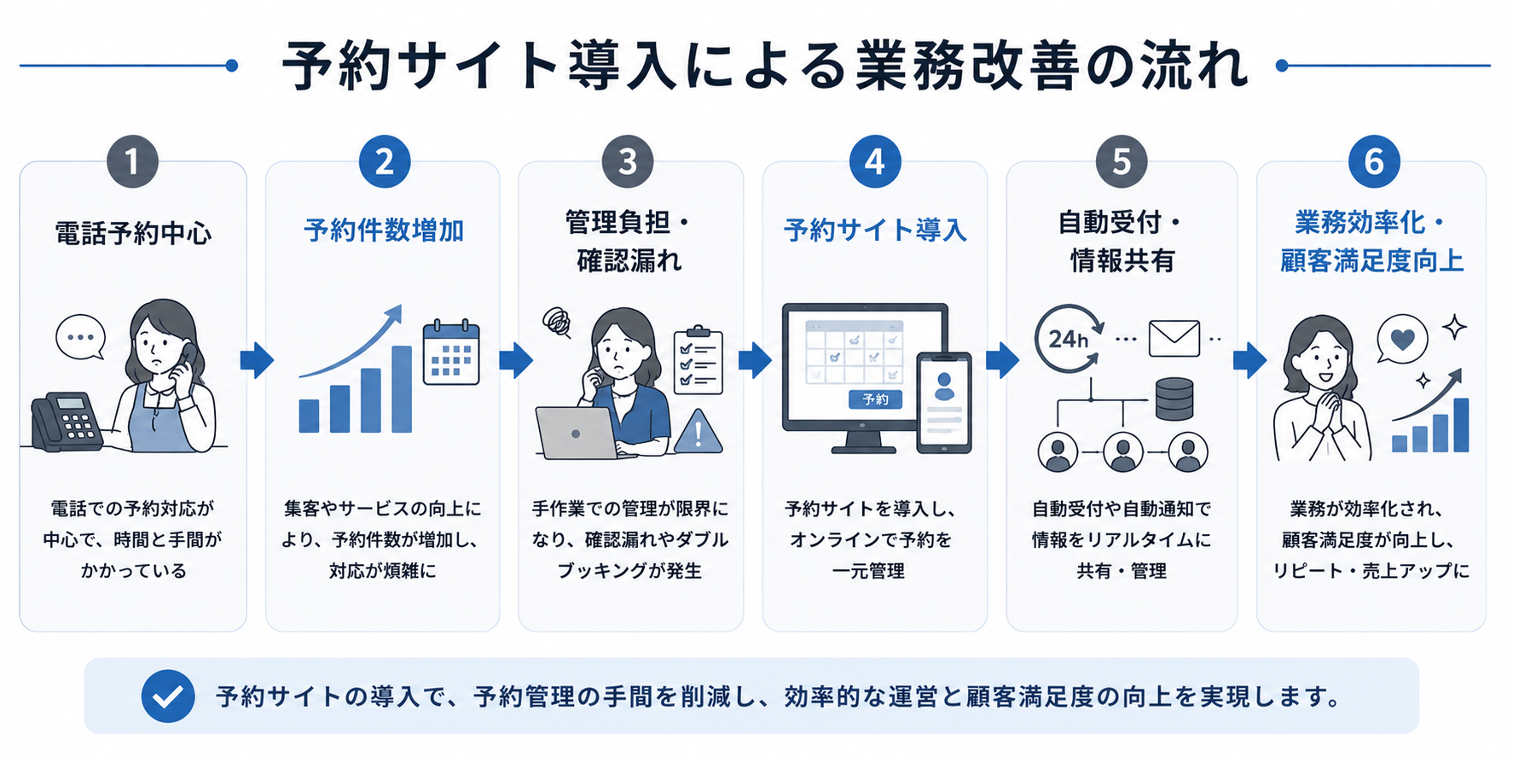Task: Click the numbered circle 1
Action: (x=132, y=161)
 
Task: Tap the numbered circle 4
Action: (x=875, y=161)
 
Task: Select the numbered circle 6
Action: (x=1374, y=161)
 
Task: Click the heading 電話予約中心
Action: (x=133, y=233)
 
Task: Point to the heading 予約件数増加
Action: (x=384, y=230)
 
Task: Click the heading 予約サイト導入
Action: (x=875, y=230)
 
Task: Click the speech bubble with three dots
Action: (x=80, y=337)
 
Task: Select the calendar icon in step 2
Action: (x=451, y=352)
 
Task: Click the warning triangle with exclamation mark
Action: (x=699, y=432)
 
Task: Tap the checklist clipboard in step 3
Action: (x=699, y=360)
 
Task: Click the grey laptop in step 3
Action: (x=578, y=433)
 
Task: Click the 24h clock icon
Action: (x=1068, y=339)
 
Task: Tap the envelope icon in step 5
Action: (x=1174, y=339)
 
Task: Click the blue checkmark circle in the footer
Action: (x=168, y=696)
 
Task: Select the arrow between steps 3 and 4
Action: (x=755, y=360)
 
